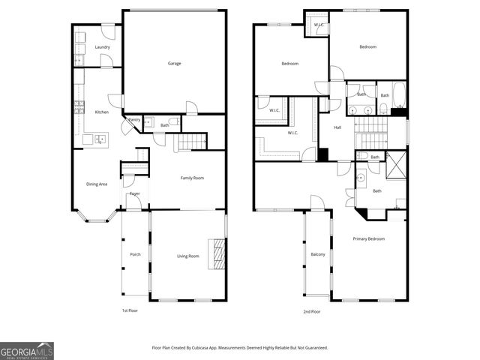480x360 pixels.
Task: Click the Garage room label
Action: click(174, 63)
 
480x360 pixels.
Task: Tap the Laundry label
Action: click(103, 47)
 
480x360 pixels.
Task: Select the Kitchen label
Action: click(101, 112)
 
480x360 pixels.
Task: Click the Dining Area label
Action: click(97, 184)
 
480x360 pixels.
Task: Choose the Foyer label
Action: click(134, 193)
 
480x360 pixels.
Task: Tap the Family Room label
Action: click(192, 178)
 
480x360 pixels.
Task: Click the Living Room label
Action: click(187, 256)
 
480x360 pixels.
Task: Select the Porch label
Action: click(135, 254)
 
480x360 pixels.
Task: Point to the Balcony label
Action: click(318, 254)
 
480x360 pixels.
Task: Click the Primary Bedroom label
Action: click(369, 238)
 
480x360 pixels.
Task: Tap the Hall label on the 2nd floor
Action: click(338, 127)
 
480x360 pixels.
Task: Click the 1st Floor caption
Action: click(130, 310)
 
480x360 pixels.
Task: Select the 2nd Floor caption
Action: click(311, 310)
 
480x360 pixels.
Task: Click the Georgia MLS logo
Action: click(27, 350)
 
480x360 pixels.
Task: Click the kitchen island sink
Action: click(98, 138)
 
